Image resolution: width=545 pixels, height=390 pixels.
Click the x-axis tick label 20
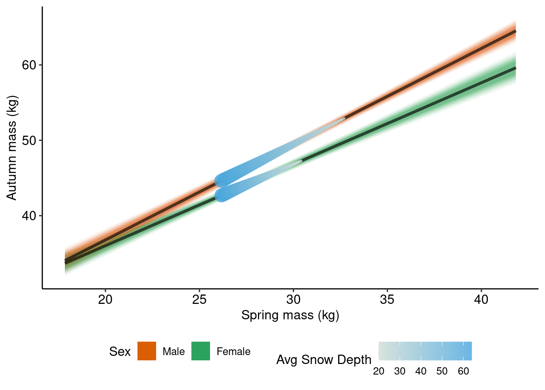pyautogui.click(x=105, y=300)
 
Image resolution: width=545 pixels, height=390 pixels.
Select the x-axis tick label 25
pyautogui.click(x=200, y=300)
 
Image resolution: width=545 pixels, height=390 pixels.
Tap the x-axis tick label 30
pyautogui.click(x=293, y=300)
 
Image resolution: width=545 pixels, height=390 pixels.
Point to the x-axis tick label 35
pyautogui.click(x=387, y=300)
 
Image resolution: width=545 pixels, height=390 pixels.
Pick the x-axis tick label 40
pyautogui.click(x=481, y=300)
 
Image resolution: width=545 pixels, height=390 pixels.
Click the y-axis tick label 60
pyautogui.click(x=29, y=65)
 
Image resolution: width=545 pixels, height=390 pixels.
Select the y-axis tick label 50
pyautogui.click(x=29, y=141)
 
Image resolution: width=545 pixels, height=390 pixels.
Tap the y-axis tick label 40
pyautogui.click(x=29, y=216)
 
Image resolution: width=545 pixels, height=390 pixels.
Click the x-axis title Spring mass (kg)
pyautogui.click(x=290, y=315)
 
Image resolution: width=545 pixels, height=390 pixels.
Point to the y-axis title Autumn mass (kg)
pyautogui.click(x=12, y=148)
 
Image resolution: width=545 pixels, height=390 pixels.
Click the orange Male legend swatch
pyautogui.click(x=147, y=351)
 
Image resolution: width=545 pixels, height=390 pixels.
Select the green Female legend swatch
pyautogui.click(x=201, y=351)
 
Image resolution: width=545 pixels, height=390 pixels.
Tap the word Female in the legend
pyautogui.click(x=233, y=351)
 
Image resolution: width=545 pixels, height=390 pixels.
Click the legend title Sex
pyautogui.click(x=120, y=351)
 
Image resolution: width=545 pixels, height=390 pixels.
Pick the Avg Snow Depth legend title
pyautogui.click(x=324, y=360)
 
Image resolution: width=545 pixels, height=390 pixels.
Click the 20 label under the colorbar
pyautogui.click(x=379, y=371)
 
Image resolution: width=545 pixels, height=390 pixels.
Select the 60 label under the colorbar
pyautogui.click(x=463, y=371)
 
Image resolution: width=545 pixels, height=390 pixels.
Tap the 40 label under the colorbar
pyautogui.click(x=421, y=371)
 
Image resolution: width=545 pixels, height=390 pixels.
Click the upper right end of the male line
pyautogui.click(x=515, y=31)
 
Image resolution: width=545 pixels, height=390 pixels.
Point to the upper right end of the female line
pyautogui.click(x=515, y=68)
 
